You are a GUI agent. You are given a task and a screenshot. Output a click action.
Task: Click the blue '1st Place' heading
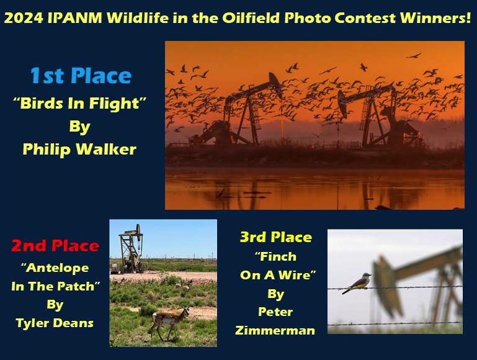[81, 76]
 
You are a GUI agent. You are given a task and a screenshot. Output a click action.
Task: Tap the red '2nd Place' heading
[55, 246]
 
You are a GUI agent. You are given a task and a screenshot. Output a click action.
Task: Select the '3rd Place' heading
[276, 237]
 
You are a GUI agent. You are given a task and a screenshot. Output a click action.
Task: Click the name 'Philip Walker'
[79, 150]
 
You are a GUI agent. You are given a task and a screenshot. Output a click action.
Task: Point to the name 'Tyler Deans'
[55, 323]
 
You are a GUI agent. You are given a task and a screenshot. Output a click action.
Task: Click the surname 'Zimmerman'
[275, 330]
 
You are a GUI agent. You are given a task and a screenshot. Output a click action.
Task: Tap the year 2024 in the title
[24, 18]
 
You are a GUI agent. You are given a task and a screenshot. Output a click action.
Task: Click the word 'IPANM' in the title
[75, 18]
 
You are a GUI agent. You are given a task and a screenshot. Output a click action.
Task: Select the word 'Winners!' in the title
[435, 18]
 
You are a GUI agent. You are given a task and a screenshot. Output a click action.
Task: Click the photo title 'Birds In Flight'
[79, 103]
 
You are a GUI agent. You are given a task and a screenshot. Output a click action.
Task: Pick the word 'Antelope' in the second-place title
[55, 268]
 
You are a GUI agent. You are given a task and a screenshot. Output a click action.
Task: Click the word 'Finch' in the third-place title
[276, 256]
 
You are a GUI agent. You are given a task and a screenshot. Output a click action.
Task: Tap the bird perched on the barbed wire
[357, 282]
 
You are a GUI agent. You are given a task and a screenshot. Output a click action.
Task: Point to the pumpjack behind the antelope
[132, 249]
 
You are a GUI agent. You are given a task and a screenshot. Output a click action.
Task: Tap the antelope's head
[185, 311]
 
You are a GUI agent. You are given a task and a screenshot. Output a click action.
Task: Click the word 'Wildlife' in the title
[138, 18]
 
